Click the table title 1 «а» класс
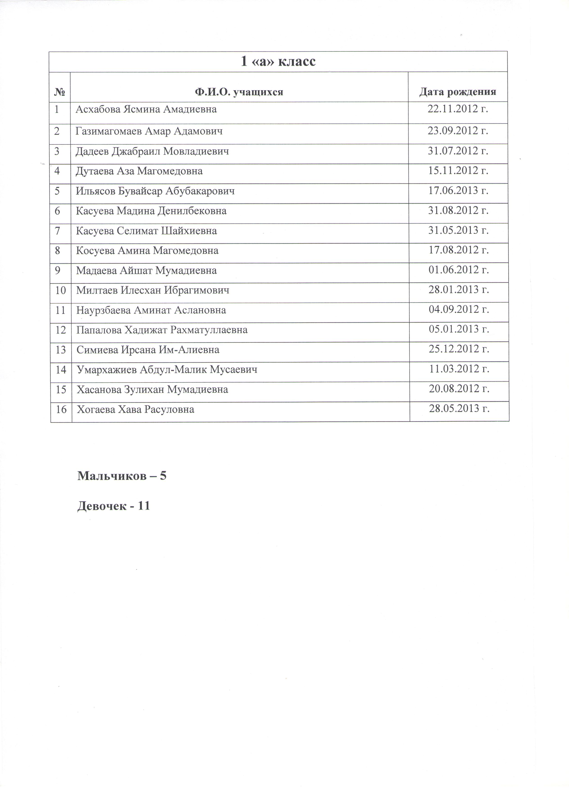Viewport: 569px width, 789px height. click(x=278, y=62)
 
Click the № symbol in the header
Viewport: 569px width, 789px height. click(x=59, y=92)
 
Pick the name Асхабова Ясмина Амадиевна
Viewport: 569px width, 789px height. click(x=146, y=109)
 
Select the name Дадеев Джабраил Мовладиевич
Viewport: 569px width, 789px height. click(x=152, y=151)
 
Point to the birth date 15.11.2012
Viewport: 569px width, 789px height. click(x=458, y=171)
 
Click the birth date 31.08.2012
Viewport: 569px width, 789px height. click(x=458, y=211)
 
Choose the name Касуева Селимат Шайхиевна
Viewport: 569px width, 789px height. click(x=147, y=231)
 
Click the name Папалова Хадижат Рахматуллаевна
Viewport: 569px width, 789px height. click(x=162, y=330)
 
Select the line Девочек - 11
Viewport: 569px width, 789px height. click(x=113, y=506)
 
